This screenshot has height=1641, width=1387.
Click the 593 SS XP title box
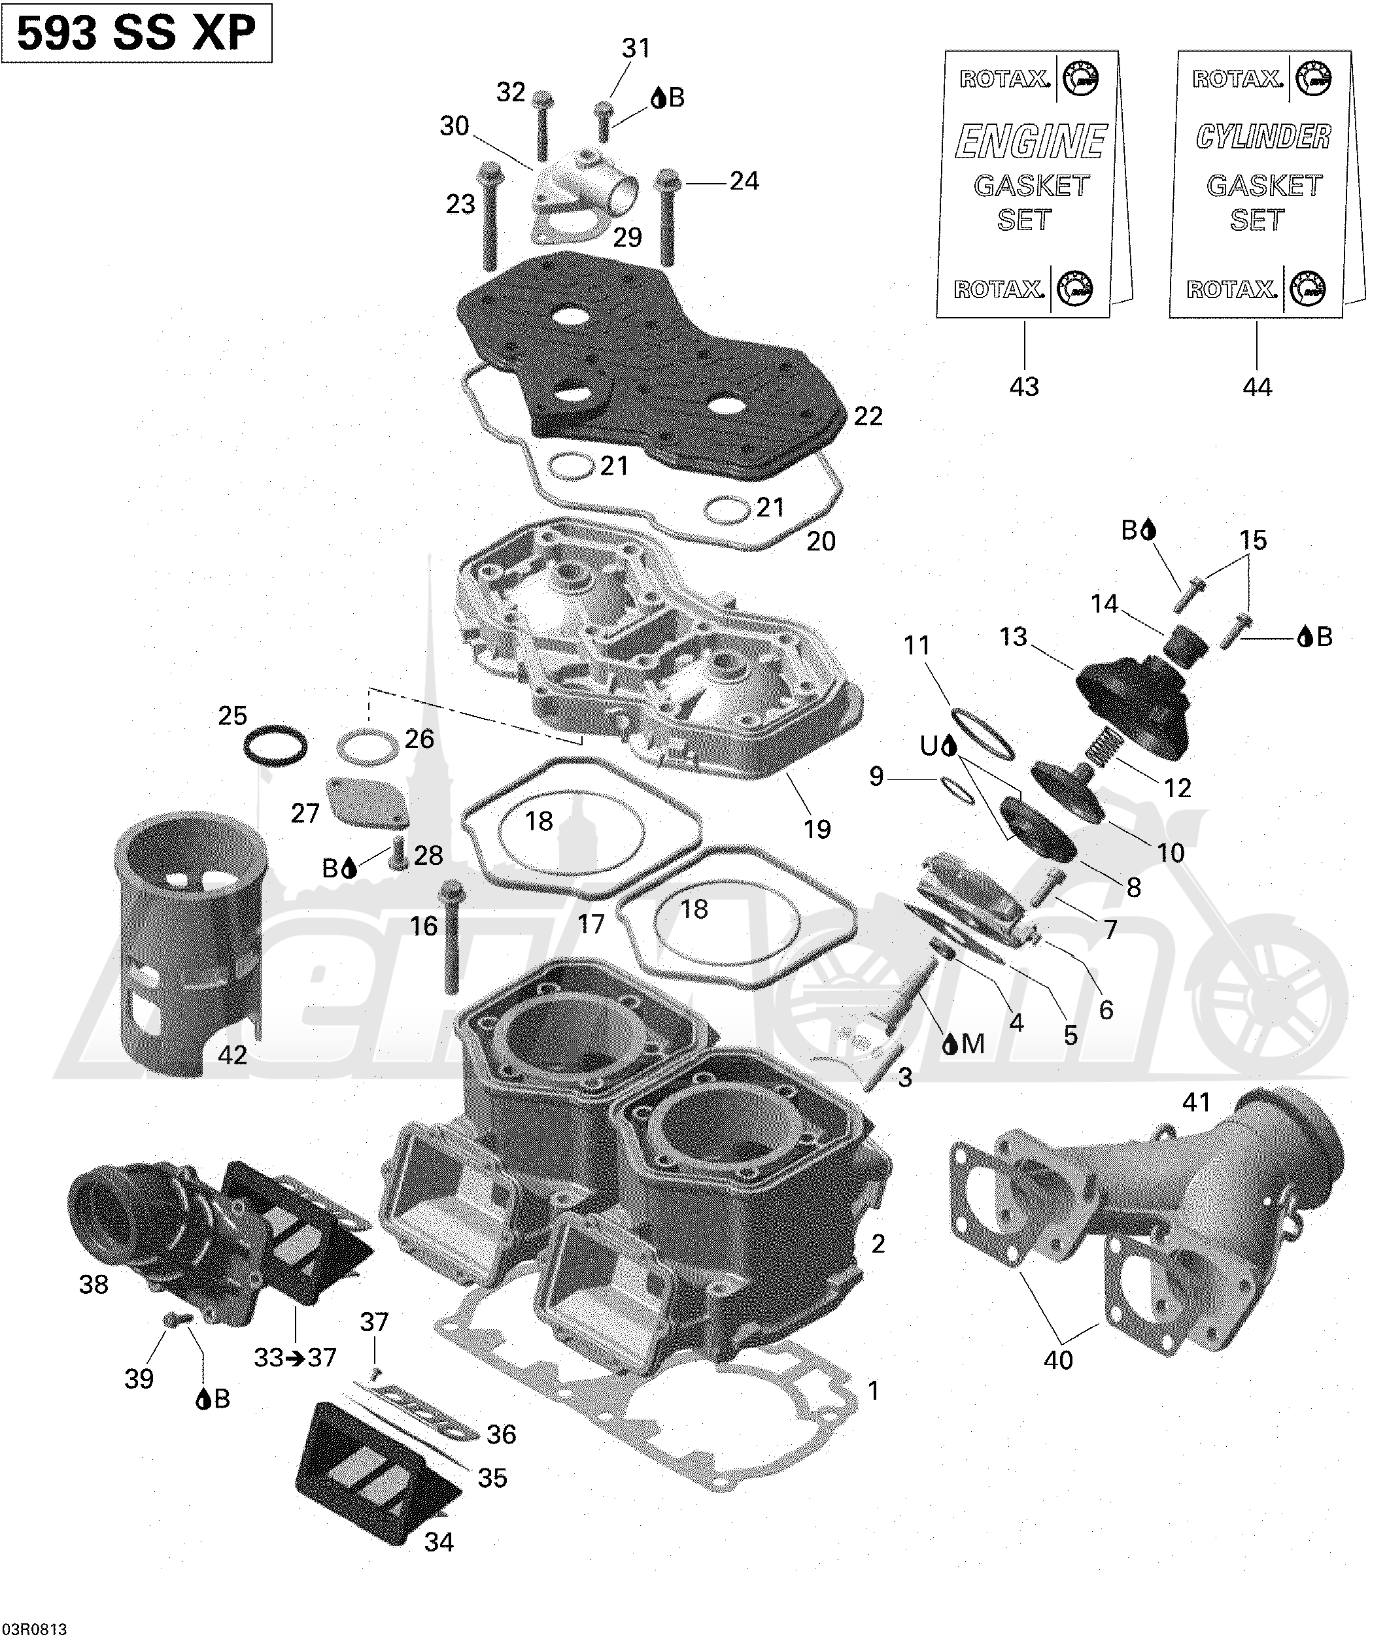[x=137, y=33]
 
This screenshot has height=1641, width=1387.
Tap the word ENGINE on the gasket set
[x=1031, y=141]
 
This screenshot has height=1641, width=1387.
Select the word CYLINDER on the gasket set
[x=1263, y=137]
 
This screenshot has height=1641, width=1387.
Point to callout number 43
[x=1024, y=386]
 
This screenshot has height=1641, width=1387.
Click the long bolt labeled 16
[x=451, y=937]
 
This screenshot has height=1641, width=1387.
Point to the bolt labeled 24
[x=668, y=216]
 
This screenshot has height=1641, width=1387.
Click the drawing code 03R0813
[x=35, y=1627]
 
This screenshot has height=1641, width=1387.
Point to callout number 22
[x=868, y=416]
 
